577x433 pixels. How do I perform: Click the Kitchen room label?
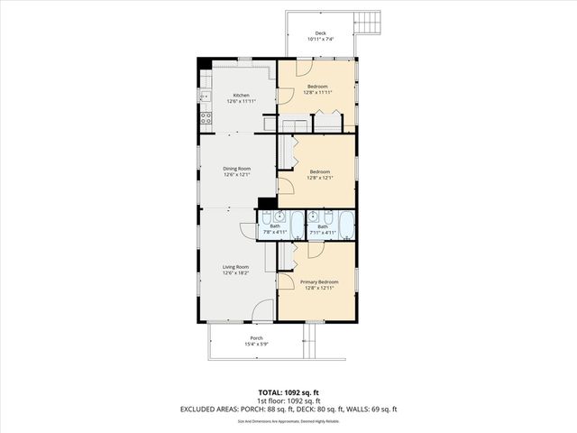[x=241, y=95]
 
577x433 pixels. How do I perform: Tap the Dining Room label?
[x=237, y=169]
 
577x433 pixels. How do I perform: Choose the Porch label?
[x=256, y=337]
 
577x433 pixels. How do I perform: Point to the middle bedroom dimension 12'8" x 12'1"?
[x=319, y=178]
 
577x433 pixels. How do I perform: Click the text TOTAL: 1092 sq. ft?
[x=288, y=393]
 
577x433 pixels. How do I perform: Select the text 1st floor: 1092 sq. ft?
[x=288, y=401]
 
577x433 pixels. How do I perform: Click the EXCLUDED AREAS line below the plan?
[x=288, y=410]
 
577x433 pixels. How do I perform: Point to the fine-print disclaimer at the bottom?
[x=288, y=420]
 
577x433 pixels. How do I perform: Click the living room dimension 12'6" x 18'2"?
[x=236, y=273]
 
